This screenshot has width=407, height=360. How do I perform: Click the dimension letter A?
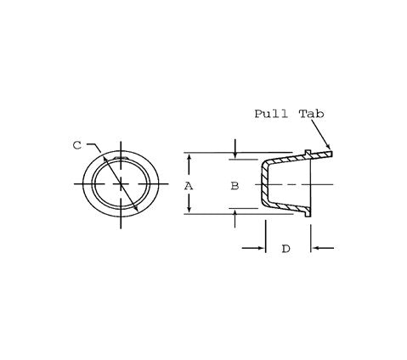[x=189, y=184]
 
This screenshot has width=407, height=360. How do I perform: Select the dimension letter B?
[x=235, y=184]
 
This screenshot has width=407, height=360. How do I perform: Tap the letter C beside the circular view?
[x=76, y=145]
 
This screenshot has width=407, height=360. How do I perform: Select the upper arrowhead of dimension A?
[x=189, y=156]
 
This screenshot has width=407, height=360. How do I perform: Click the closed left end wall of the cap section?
[x=263, y=183]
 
